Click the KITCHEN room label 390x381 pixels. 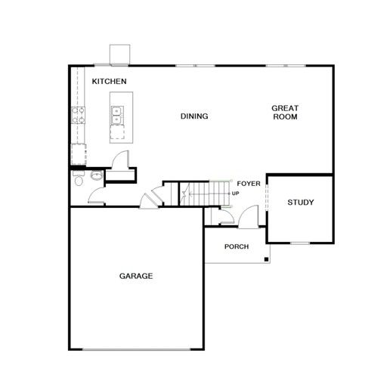[109, 82]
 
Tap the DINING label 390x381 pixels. [194, 116]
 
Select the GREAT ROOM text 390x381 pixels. [285, 113]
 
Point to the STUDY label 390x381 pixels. [301, 203]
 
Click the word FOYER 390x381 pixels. [249, 184]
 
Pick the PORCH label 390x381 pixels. [237, 246]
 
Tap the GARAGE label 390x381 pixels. [136, 276]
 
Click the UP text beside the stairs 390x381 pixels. [235, 194]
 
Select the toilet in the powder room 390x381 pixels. [79, 178]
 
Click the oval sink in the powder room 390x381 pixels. [97, 175]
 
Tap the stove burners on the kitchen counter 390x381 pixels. [79, 115]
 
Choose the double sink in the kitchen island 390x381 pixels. [117, 116]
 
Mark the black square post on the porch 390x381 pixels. [266, 259]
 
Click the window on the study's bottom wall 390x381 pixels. [300, 243]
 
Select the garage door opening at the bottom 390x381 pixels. [136, 349]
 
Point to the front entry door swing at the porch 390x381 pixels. [248, 217]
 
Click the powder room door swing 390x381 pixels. [97, 196]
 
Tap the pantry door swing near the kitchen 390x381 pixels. [120, 159]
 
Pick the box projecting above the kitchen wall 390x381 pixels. [119, 54]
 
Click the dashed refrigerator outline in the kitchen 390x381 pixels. [79, 154]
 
